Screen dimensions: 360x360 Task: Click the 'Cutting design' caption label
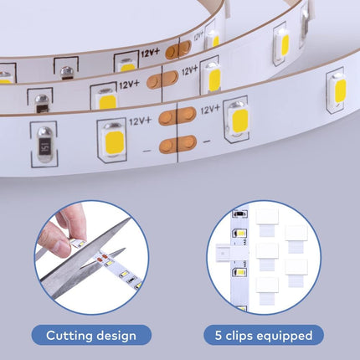click(91, 336)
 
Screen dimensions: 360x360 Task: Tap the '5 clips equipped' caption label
click(264, 336)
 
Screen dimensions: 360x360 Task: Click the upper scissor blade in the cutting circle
click(104, 235)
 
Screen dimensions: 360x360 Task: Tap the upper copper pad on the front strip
click(177, 116)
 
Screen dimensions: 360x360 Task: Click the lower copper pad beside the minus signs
click(177, 144)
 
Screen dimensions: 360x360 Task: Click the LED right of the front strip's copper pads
click(239, 119)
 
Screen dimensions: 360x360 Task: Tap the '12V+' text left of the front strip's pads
click(141, 120)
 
